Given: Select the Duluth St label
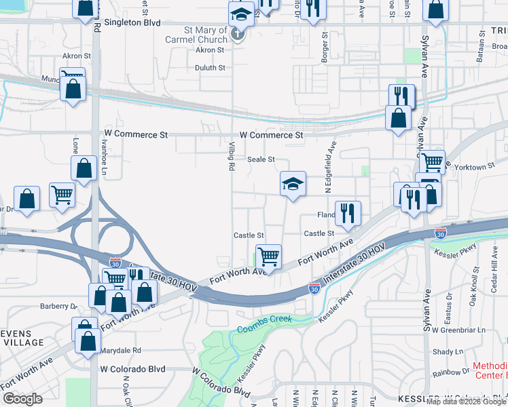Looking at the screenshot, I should tap(211, 68).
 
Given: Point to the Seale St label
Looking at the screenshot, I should tap(261, 159).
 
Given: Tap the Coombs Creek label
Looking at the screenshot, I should tap(264, 324).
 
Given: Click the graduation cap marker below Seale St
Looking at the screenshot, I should tap(293, 184).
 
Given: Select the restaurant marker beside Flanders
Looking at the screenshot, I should tap(348, 213).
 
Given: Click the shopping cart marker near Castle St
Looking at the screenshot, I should tap(269, 257).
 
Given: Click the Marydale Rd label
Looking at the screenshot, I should tap(118, 351).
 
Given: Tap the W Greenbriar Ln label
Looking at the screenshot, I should tap(462, 330).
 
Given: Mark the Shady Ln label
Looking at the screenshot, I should tap(447, 351).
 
